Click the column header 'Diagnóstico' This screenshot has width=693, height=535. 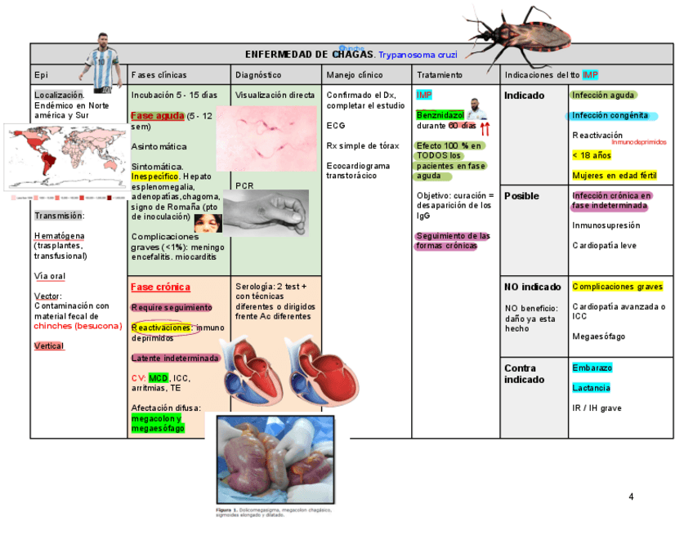click(258, 75)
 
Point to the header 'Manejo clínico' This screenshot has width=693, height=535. click(354, 75)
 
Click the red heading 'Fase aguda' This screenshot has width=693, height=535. click(157, 116)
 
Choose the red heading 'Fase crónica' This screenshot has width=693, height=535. click(160, 288)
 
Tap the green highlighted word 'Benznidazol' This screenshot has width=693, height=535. click(440, 115)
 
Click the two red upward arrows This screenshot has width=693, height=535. click(485, 128)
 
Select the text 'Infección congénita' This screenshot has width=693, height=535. click(610, 116)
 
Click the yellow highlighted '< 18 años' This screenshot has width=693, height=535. click(592, 155)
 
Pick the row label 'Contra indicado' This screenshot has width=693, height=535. click(525, 374)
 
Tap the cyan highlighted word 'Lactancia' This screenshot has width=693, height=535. click(591, 388)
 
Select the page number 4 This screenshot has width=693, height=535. click(631, 497)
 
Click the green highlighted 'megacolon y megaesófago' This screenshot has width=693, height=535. click(158, 423)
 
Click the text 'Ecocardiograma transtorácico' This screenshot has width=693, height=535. click(358, 171)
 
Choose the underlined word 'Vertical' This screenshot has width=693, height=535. click(49, 346)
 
